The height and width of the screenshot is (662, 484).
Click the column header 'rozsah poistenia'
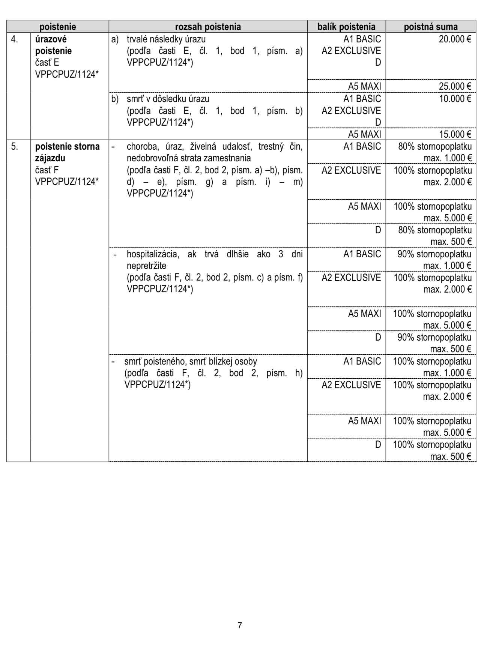(208, 27)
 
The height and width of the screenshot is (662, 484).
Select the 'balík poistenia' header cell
(346, 27)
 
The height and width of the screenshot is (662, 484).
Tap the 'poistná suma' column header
(430, 27)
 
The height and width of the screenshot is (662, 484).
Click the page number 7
(240, 625)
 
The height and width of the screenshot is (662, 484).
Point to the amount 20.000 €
(455, 39)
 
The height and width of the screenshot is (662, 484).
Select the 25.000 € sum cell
(455, 86)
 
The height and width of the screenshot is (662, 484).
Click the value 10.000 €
(455, 99)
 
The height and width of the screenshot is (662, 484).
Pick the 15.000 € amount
(455, 134)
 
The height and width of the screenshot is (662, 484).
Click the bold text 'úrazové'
(51, 39)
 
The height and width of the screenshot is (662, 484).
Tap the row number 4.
(14, 39)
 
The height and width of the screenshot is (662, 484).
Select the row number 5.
(14, 146)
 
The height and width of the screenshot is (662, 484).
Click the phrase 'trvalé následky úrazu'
(166, 39)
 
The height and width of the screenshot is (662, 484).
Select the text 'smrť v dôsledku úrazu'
(168, 99)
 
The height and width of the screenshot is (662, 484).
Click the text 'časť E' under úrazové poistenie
(47, 63)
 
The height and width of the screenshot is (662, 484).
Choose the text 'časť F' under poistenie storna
(47, 170)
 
